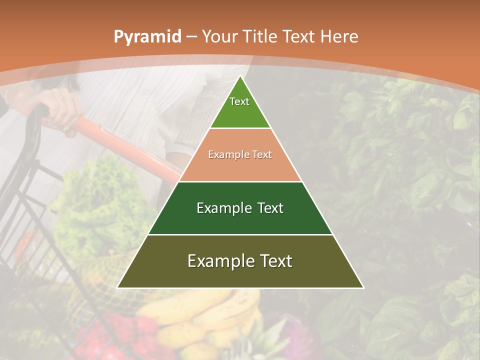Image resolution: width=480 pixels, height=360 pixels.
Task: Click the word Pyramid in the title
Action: (147, 37)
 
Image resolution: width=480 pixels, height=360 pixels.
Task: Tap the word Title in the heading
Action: (261, 36)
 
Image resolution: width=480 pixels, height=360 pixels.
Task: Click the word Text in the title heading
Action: (299, 36)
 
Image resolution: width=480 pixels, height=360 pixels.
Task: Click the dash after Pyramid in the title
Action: (191, 37)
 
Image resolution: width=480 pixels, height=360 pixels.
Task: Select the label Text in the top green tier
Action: (239, 101)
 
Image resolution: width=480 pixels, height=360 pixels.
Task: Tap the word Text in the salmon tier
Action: (262, 155)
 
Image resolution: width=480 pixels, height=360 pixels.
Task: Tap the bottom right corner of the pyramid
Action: (363, 287)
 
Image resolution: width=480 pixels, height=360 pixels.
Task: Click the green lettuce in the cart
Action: (100, 200)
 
